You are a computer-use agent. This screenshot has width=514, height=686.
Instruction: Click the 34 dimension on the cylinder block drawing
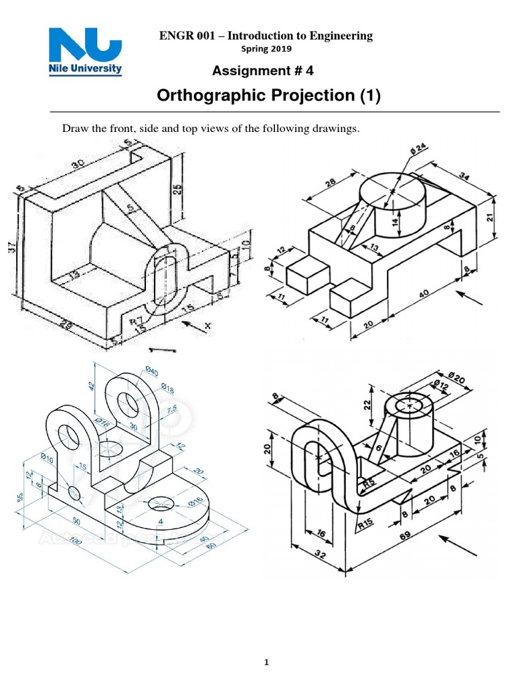tap(464, 177)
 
